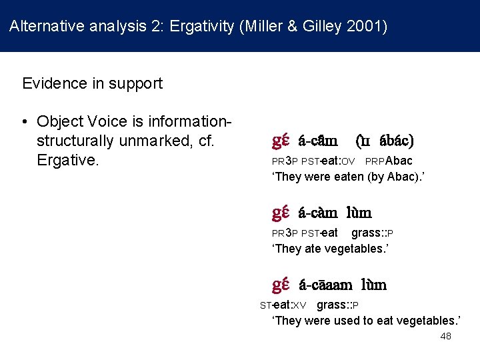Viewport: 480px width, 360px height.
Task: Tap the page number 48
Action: coord(446,336)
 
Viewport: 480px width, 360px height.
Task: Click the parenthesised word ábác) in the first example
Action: coord(397,141)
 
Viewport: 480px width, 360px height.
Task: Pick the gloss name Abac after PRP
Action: coord(399,161)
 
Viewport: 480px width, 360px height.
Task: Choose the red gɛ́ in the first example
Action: coord(280,141)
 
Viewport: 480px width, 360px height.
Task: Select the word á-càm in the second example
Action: coord(318,213)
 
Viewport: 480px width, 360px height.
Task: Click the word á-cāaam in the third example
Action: coord(325,285)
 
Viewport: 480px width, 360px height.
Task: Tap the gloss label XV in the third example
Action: coord(299,305)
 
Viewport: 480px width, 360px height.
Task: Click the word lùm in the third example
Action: coord(374,285)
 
